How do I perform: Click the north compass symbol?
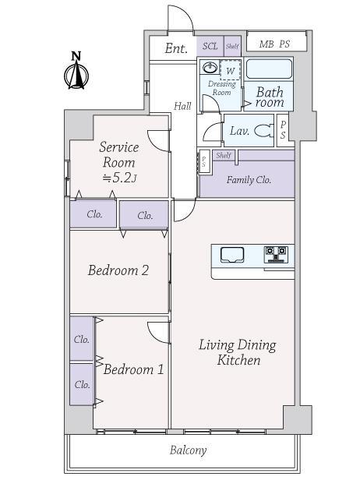click(76, 71)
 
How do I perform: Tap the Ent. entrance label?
click(176, 48)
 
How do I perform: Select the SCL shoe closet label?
click(210, 46)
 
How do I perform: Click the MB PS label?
click(274, 44)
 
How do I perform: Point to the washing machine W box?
click(230, 70)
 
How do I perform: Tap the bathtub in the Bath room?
click(269, 69)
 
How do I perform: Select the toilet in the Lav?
click(263, 131)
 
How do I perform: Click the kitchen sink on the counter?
click(232, 255)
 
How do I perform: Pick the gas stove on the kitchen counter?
click(277, 255)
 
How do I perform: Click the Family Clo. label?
click(249, 180)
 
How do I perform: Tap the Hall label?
click(182, 106)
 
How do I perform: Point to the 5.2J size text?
click(120, 178)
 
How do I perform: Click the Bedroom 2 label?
click(118, 270)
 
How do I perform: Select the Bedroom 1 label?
click(134, 369)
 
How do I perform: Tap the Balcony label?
click(189, 450)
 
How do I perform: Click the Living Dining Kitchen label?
click(238, 352)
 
